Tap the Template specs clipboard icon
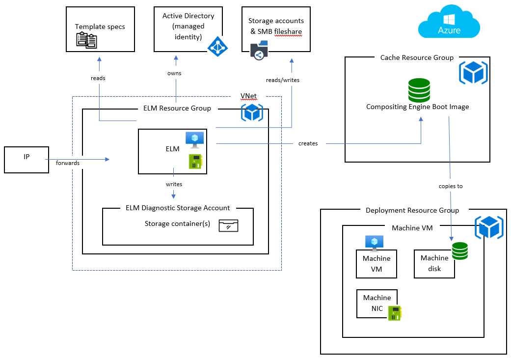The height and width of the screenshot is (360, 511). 86,40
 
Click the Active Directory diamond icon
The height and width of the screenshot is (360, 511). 217,46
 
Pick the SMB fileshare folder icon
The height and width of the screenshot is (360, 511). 259,51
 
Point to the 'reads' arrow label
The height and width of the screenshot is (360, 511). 98,78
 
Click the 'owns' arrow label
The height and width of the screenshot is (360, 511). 174,73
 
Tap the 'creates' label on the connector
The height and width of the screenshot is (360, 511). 308,143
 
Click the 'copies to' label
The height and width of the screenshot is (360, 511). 451,186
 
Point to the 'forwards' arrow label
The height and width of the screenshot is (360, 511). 68,163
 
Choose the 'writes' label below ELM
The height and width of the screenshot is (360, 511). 174,184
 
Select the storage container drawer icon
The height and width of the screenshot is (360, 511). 228,225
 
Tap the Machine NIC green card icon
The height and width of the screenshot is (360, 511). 395,313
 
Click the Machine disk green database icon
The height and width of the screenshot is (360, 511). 460,251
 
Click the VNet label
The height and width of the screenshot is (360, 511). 248,95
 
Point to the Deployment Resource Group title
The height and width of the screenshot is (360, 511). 412,210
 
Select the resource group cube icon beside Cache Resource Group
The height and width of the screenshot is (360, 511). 473,73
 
